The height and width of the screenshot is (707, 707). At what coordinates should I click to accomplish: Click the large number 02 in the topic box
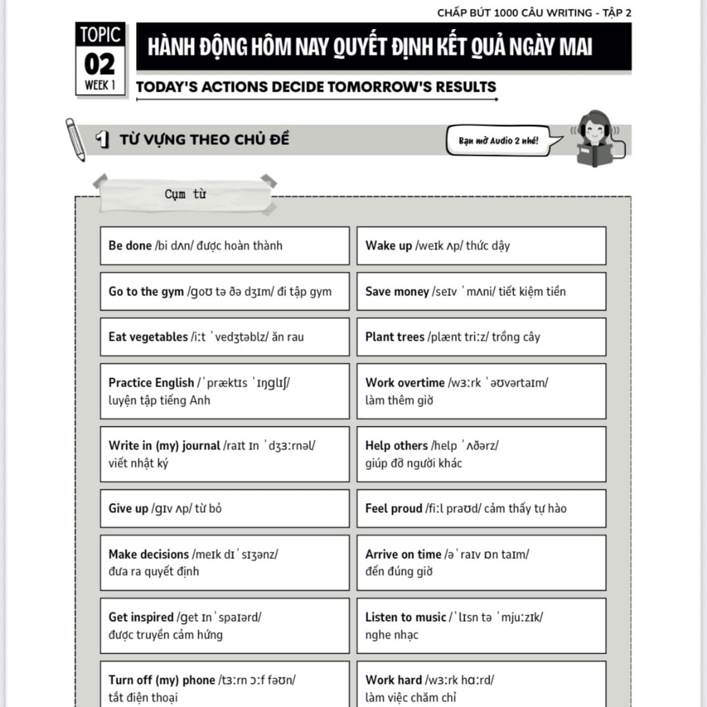click(x=100, y=64)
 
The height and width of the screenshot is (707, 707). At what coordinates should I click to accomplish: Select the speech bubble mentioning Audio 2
click(x=498, y=140)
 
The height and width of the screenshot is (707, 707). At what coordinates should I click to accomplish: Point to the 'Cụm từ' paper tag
click(x=185, y=194)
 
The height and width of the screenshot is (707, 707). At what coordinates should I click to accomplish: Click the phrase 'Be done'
click(x=130, y=246)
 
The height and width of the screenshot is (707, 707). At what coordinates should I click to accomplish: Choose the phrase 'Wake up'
click(x=389, y=246)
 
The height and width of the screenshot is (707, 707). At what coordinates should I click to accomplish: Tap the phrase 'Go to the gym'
click(x=146, y=291)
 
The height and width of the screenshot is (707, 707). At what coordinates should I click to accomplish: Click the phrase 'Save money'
click(x=397, y=291)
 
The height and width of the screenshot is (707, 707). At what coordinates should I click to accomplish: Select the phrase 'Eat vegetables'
click(x=148, y=337)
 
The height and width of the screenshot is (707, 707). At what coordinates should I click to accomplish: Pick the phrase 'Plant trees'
click(x=395, y=337)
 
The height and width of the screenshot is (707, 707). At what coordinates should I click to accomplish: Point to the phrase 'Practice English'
click(x=151, y=382)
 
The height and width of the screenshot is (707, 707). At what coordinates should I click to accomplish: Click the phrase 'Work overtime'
click(x=405, y=382)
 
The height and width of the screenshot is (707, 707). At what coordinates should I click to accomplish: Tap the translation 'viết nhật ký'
click(x=138, y=463)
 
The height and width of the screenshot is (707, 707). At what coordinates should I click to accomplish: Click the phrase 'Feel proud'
click(x=393, y=509)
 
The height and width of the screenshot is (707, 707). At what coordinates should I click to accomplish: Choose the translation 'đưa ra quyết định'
click(x=153, y=572)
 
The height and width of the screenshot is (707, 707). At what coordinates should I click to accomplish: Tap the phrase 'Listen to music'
click(x=406, y=617)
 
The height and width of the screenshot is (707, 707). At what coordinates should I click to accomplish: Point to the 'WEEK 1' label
click(x=100, y=86)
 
